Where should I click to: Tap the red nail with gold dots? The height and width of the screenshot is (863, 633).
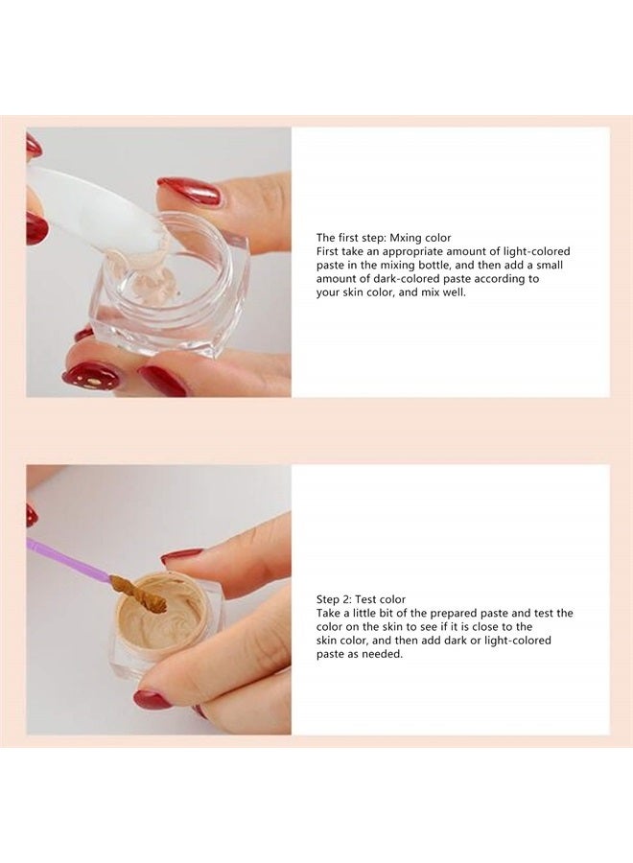(x=93, y=375)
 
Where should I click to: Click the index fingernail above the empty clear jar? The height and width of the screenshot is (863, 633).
(x=190, y=191)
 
